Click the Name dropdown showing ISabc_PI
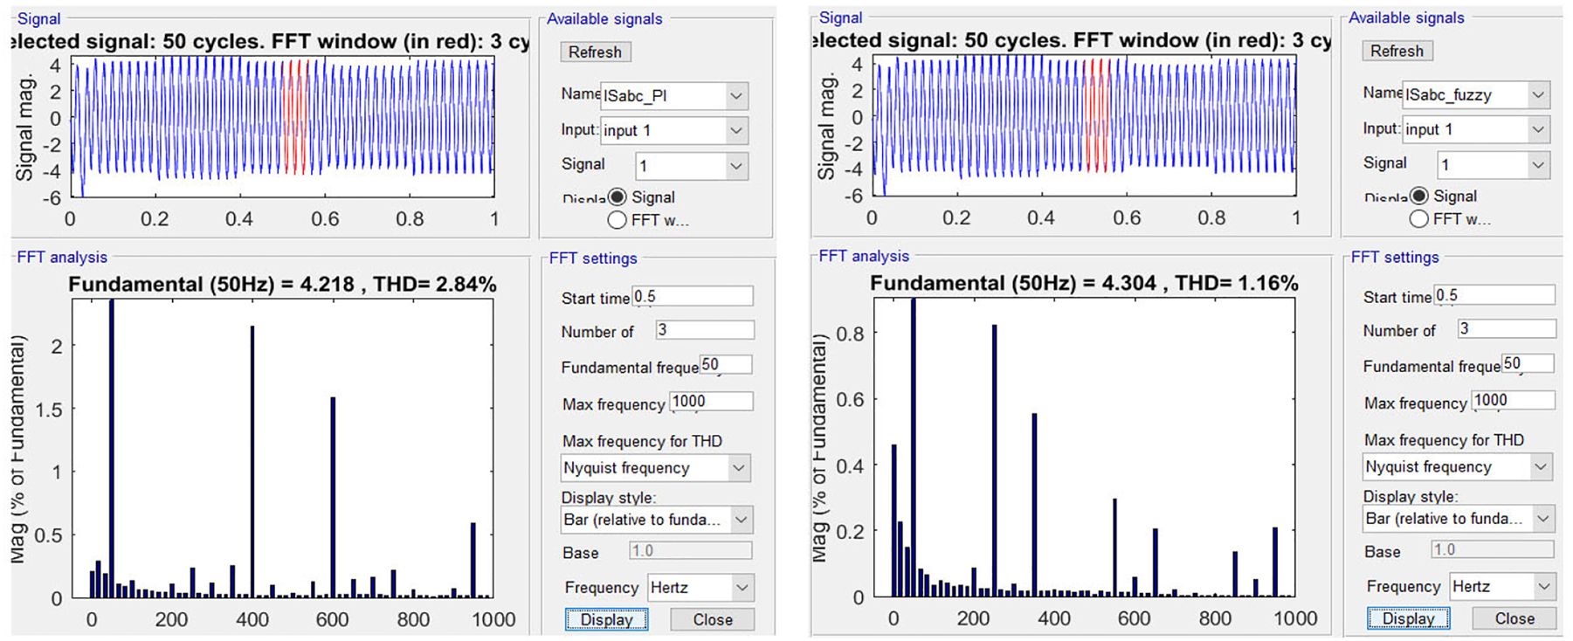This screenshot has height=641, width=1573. [x=673, y=95]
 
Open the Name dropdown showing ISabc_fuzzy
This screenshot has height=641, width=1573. [x=1475, y=94]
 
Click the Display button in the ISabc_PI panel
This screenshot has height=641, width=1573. [x=606, y=619]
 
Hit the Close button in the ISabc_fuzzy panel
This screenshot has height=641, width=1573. [x=1514, y=618]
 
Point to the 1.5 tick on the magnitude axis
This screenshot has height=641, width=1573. [x=49, y=410]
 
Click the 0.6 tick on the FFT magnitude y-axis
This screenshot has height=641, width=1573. [x=851, y=399]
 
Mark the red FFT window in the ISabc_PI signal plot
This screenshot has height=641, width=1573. [x=296, y=117]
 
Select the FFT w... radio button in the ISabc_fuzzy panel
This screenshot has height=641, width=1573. [x=1419, y=219]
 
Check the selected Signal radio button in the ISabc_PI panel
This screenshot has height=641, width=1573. [x=617, y=197]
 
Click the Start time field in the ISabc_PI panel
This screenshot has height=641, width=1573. [x=692, y=297]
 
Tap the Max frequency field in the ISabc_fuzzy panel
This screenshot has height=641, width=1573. [x=1513, y=401]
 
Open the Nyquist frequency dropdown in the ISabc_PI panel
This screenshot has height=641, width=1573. [x=654, y=468]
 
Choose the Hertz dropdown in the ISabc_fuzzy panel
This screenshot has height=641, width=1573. [x=1501, y=586]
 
